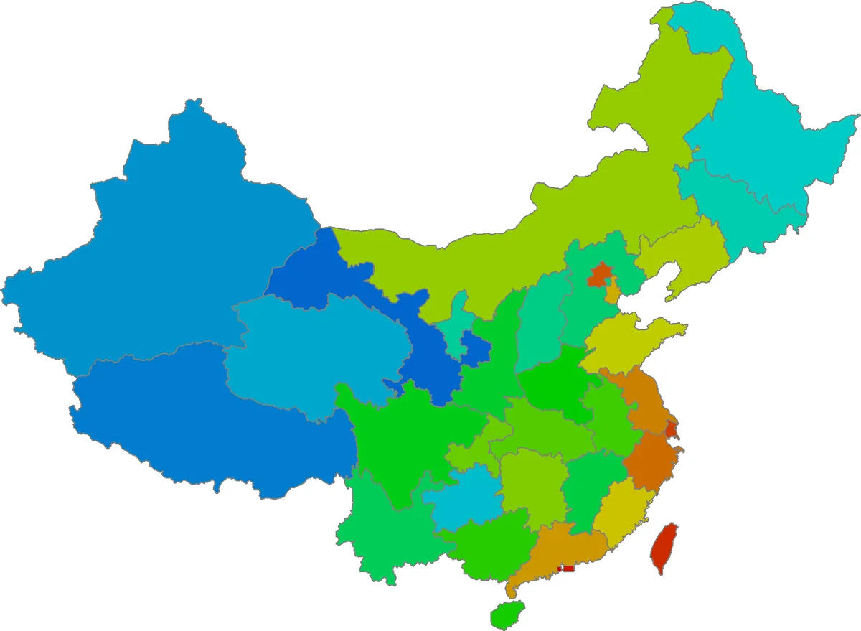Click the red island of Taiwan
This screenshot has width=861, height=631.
point(664,546)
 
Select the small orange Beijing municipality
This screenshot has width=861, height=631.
point(599,274)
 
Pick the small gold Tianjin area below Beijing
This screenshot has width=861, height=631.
point(612,293)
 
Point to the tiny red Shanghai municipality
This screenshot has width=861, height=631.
point(671,429)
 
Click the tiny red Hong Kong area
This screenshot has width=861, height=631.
point(568,569)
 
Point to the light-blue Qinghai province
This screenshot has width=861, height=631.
point(316,352)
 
